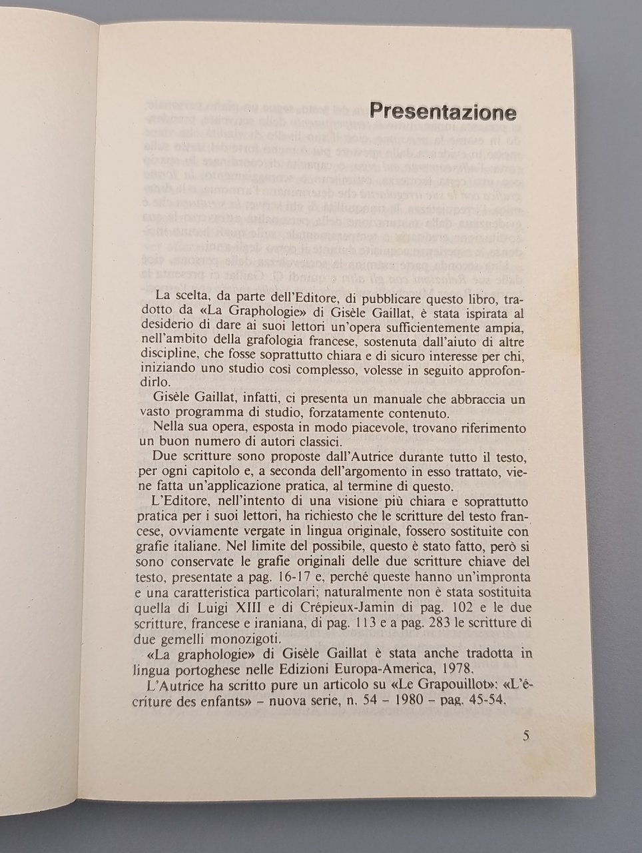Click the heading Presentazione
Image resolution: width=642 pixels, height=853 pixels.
click(x=442, y=111)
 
